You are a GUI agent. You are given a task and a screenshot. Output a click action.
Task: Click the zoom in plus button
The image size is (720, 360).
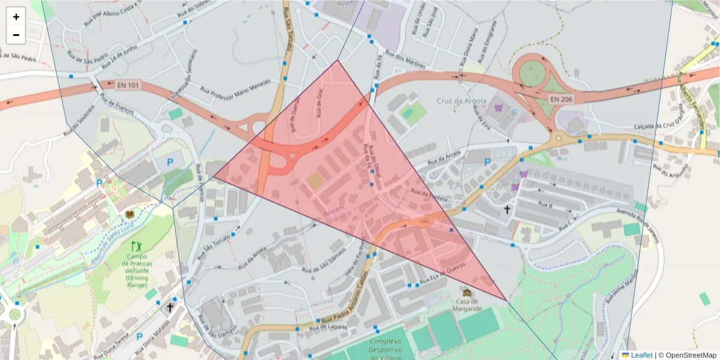click(x=16, y=17)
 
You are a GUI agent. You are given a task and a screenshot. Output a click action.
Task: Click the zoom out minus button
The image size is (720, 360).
click(x=16, y=35)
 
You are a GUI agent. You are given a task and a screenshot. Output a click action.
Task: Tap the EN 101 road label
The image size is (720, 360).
click(x=128, y=85)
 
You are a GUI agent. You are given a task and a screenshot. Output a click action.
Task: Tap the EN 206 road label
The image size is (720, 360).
click(x=561, y=98)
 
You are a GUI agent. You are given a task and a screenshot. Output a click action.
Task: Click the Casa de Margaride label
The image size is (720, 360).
click(x=468, y=304)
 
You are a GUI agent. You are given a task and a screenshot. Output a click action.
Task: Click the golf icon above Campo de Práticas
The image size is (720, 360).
click(x=137, y=246)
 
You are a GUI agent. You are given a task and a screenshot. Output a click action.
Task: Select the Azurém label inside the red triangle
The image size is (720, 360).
click(x=335, y=212)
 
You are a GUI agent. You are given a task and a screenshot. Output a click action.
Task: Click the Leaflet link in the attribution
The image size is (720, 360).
click(x=641, y=355)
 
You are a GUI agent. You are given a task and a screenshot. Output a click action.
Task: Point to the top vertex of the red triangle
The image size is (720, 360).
click(x=338, y=59)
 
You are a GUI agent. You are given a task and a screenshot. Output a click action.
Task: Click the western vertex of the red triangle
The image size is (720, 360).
click(x=214, y=177)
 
